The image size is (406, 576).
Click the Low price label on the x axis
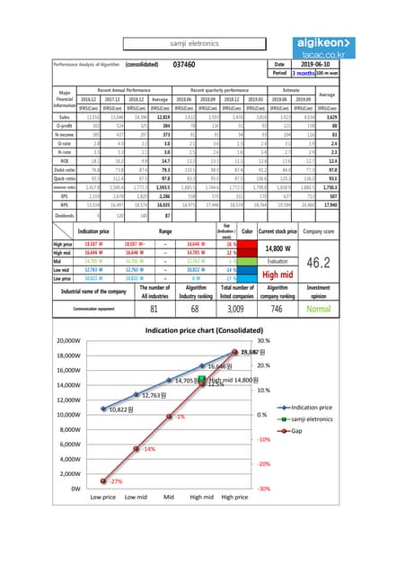tap(103, 497)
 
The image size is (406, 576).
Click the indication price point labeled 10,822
tap(103, 415)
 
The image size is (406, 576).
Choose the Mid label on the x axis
tap(169, 497)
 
